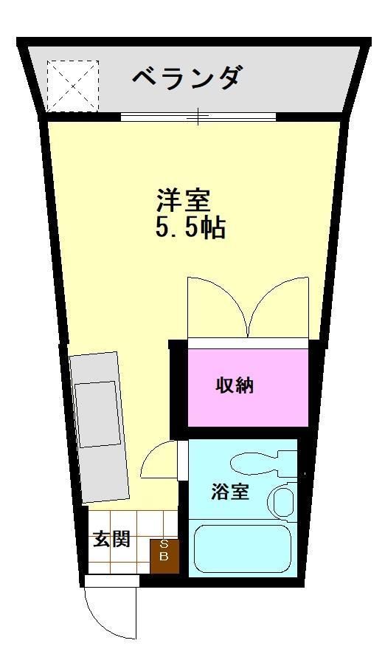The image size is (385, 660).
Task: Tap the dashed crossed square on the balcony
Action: point(72,86)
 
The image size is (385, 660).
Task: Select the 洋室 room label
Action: point(184,199)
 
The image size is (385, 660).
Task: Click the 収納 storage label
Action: point(235,385)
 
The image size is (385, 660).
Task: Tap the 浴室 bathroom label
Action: point(229,492)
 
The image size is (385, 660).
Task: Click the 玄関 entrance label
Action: point(111,539)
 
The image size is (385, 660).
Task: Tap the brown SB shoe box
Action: point(164,555)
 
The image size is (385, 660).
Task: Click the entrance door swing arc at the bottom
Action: point(111,613)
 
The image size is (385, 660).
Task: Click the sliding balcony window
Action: point(198,116)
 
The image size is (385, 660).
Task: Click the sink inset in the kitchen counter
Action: point(97,413)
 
